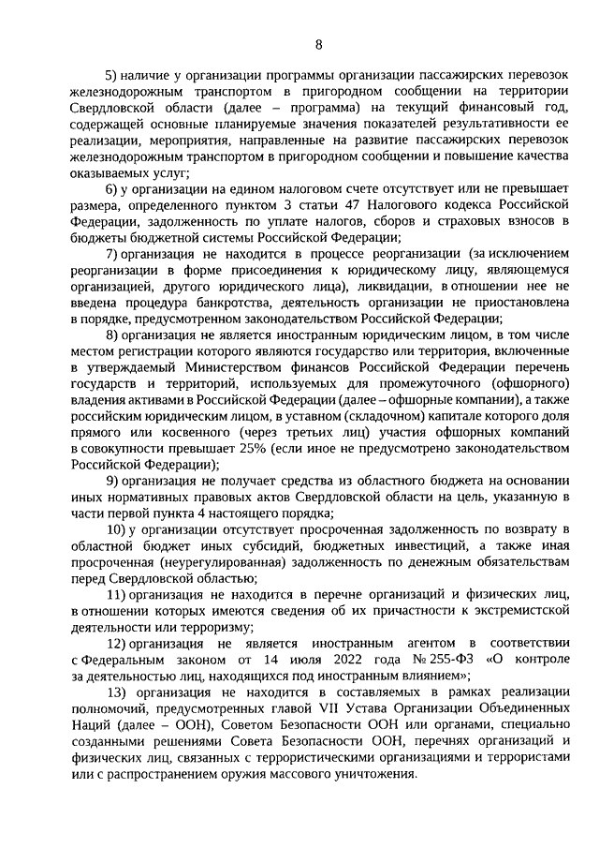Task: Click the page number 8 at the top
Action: tap(318, 43)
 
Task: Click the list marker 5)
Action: tap(110, 76)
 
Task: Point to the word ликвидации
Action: tap(391, 286)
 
